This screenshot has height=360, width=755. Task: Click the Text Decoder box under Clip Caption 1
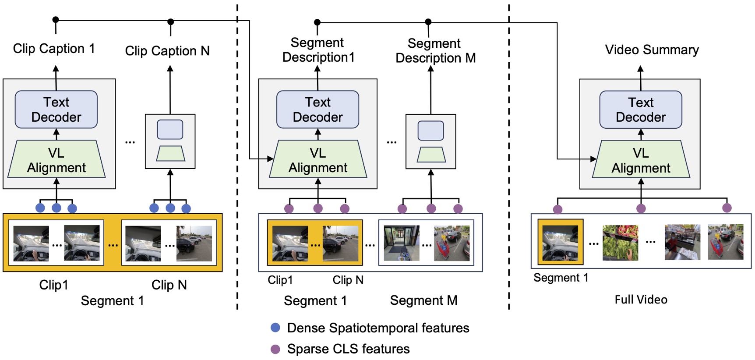tap(56, 109)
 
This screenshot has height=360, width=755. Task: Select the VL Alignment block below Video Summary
tap(641, 160)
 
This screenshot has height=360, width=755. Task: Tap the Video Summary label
tap(652, 50)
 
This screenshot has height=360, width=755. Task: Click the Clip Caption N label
tap(167, 51)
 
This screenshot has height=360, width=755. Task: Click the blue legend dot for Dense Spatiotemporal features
tap(275, 328)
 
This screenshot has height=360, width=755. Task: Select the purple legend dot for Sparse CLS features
tap(275, 349)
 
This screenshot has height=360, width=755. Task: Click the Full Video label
tap(641, 300)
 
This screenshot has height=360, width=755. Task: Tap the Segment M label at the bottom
tap(423, 300)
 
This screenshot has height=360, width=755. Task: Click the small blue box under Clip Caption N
tap(170, 130)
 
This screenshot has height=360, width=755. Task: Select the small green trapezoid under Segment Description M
tap(431, 154)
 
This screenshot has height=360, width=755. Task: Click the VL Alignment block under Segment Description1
tap(318, 160)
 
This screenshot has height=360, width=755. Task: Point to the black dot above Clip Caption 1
tap(56, 20)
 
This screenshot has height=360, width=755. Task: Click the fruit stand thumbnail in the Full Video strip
tap(620, 243)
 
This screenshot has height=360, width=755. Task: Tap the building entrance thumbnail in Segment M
tap(401, 243)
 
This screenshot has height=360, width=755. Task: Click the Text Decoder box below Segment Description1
tap(318, 109)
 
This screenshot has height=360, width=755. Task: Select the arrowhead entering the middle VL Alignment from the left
tap(270, 159)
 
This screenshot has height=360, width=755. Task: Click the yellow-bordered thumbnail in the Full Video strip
tap(560, 242)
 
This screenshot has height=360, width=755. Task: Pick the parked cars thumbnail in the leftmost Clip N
tap(194, 244)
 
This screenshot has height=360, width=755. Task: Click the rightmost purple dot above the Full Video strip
tap(727, 208)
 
